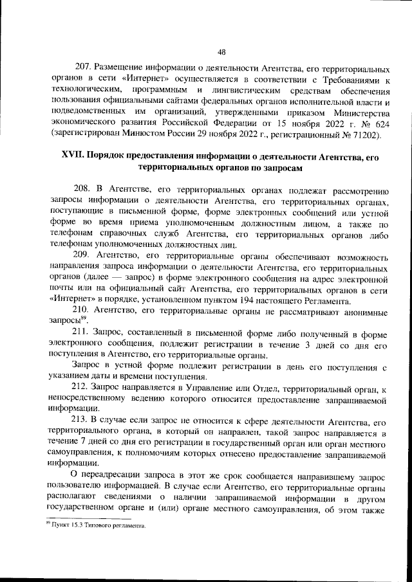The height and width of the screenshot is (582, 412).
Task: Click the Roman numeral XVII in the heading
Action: coord(73,156)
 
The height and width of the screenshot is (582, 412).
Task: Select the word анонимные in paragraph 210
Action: coord(361,312)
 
